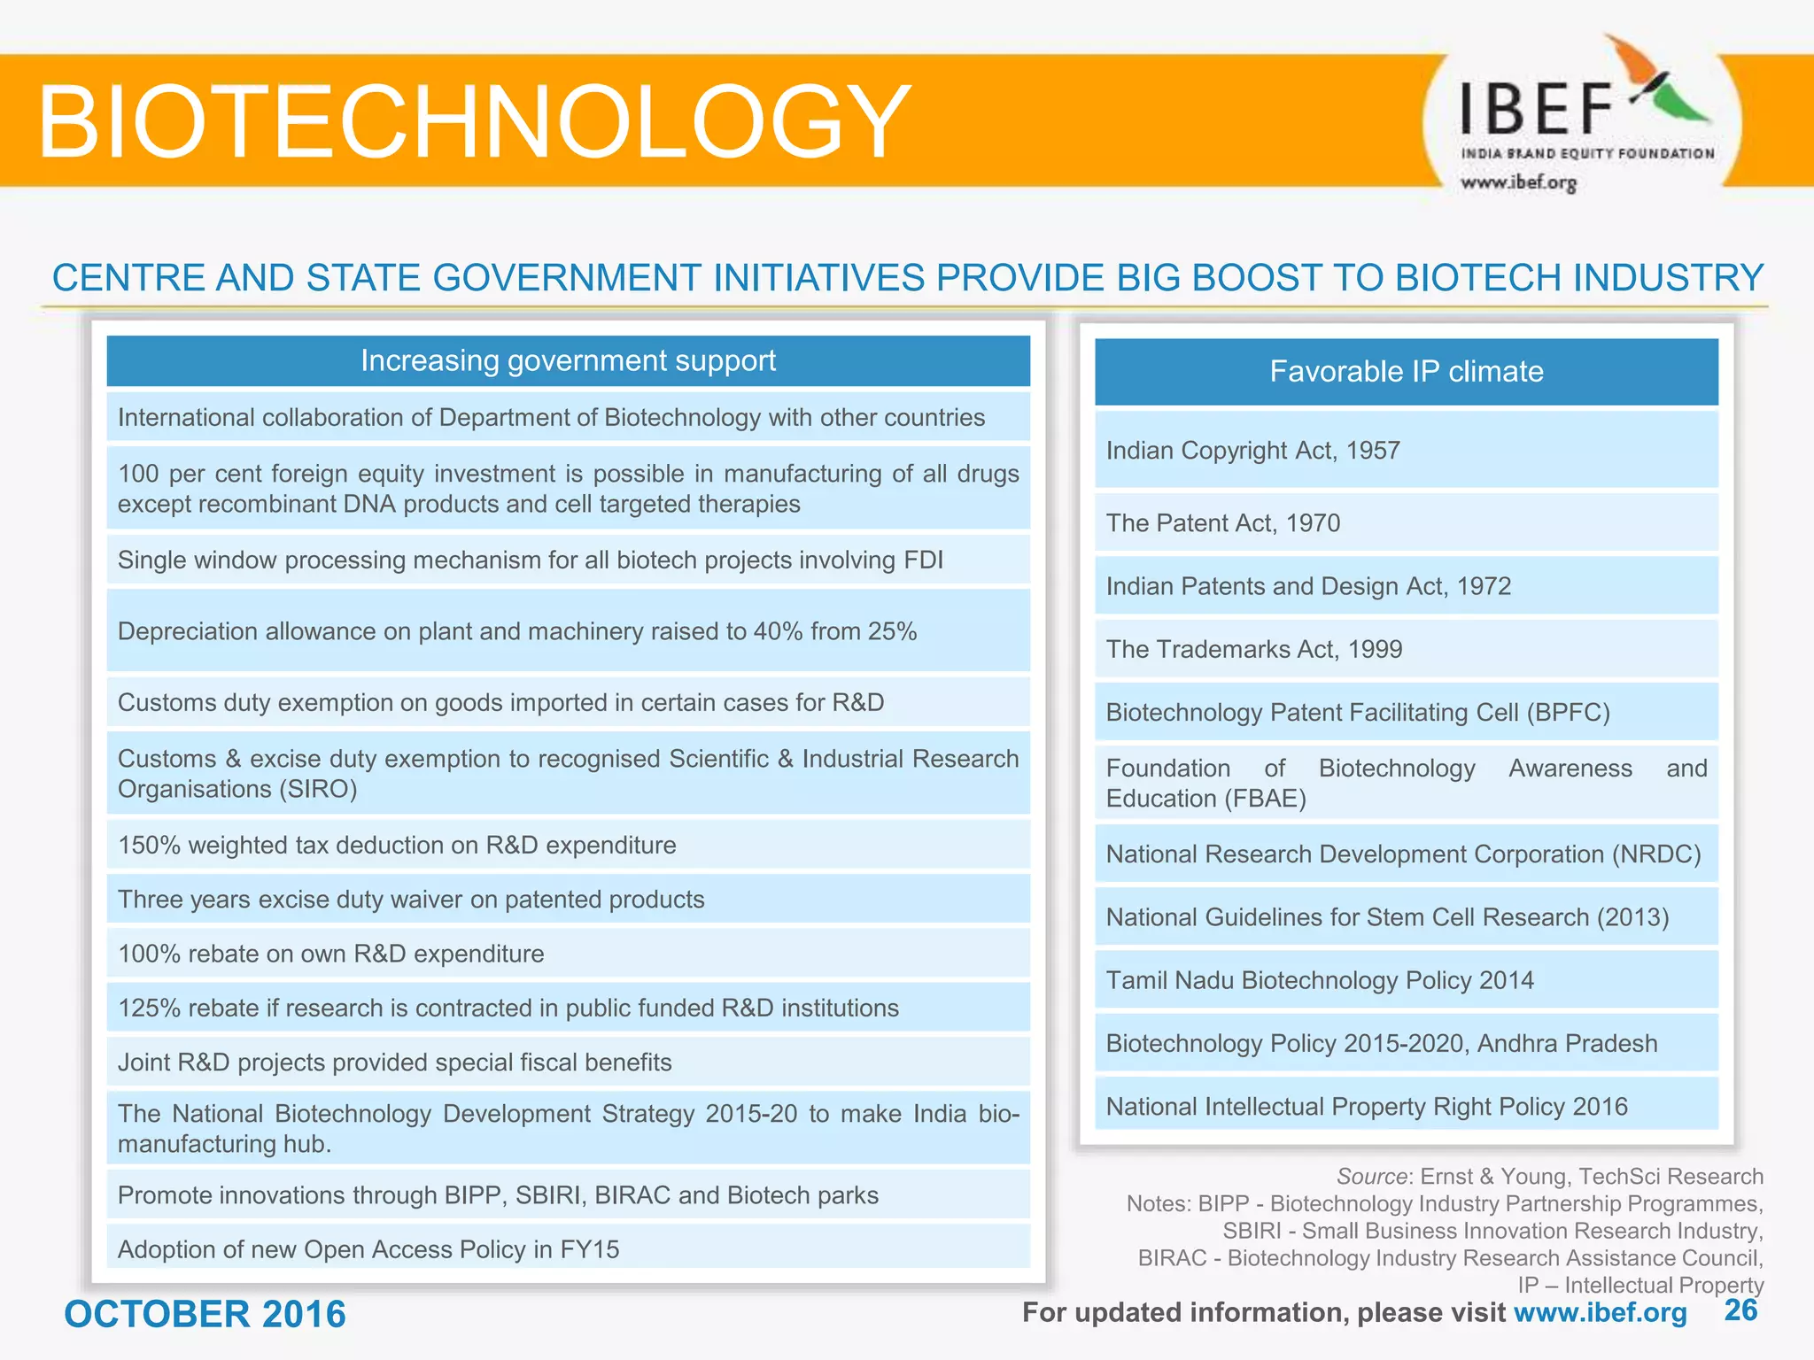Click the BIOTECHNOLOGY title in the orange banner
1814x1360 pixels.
click(x=474, y=121)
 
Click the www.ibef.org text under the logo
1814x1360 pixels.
click(x=1518, y=183)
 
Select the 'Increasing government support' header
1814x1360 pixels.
click(x=568, y=360)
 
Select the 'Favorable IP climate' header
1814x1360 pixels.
click(x=1406, y=371)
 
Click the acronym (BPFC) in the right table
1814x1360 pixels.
click(x=1567, y=712)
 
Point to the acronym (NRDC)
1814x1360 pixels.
click(x=1655, y=854)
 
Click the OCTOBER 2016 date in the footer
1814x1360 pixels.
click(x=205, y=1314)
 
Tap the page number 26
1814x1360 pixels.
click(x=1740, y=1310)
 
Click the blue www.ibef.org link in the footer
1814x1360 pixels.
click(x=1600, y=1312)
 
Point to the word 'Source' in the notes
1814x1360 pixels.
click(x=1371, y=1176)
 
